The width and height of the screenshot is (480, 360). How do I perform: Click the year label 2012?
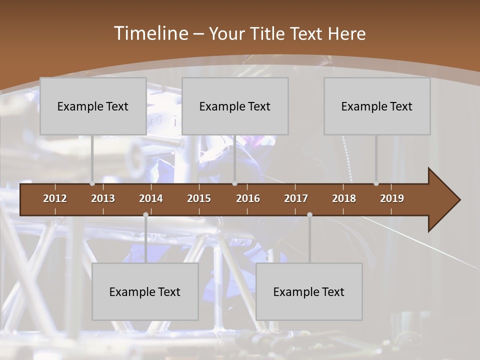tap(55, 198)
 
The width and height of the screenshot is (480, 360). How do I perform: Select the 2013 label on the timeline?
tap(103, 198)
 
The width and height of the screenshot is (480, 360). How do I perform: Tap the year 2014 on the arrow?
tap(151, 198)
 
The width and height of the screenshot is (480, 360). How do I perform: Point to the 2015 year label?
tap(199, 198)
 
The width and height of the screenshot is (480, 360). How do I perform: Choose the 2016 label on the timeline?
tap(248, 198)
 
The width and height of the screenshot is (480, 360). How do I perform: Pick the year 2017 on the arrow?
tap(296, 198)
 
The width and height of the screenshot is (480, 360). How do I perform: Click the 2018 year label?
tap(344, 198)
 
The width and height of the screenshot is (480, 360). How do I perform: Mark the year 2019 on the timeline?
tap(392, 198)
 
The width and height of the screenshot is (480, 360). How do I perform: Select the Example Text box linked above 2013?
tap(93, 106)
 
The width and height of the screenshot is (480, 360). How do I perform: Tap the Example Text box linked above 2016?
tap(235, 106)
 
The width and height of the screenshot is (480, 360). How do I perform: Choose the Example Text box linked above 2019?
tap(377, 106)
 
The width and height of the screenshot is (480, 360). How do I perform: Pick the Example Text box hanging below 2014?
tap(145, 291)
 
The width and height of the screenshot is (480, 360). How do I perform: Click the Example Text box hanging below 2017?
tap(309, 291)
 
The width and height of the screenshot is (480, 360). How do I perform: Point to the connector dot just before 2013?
tap(92, 183)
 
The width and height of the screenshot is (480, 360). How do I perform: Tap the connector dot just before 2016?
tap(235, 183)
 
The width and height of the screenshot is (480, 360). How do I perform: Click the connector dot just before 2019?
tap(376, 183)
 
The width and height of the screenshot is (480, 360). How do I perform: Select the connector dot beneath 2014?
tap(145, 215)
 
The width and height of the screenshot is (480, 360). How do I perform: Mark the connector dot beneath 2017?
tap(309, 215)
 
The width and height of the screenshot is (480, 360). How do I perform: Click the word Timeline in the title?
tap(150, 33)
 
